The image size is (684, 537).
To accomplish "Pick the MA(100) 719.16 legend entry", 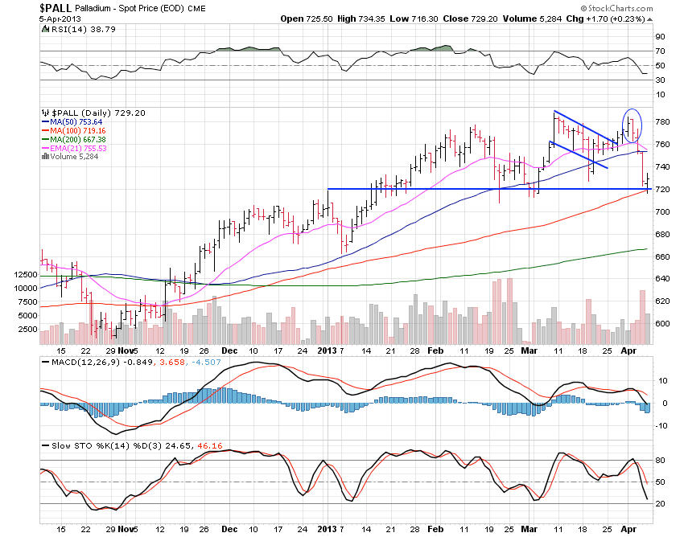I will click(76, 129).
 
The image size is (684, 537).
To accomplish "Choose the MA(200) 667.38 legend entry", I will click(76, 138).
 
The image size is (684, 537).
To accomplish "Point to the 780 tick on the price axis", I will click(662, 122).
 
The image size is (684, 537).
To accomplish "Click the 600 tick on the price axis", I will click(662, 323).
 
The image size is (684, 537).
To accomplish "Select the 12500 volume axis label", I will click(23, 276).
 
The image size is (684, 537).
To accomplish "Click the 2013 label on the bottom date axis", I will click(326, 350).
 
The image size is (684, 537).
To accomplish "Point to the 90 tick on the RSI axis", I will click(659, 36).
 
